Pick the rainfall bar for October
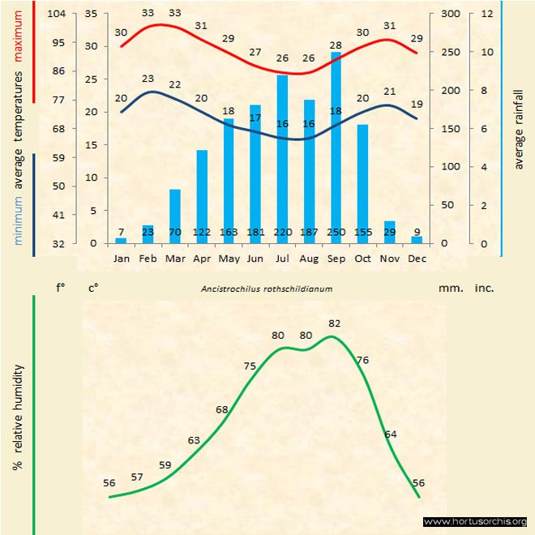(x=362, y=183)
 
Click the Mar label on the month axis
(x=175, y=259)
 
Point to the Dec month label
(x=417, y=259)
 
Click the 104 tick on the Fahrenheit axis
(x=57, y=14)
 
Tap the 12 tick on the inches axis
(x=486, y=14)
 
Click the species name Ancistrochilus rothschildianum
(x=267, y=289)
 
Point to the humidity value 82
(x=335, y=323)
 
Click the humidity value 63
(x=194, y=440)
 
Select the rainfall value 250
(x=336, y=233)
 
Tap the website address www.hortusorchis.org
(x=475, y=521)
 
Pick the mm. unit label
(x=449, y=288)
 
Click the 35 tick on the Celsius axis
(x=91, y=14)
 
